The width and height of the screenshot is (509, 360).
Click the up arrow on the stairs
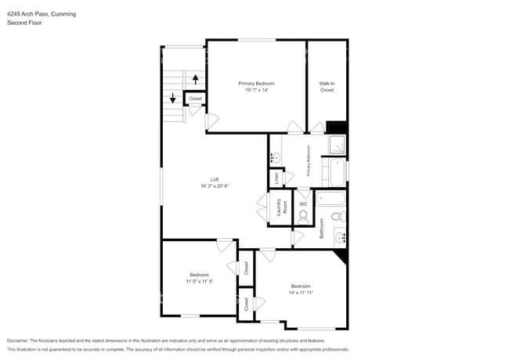(x=195, y=78)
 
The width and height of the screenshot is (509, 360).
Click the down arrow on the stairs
(x=173, y=99)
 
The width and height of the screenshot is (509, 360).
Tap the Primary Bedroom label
(x=256, y=83)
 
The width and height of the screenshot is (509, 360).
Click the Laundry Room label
(x=280, y=207)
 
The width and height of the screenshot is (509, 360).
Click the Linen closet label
(x=276, y=178)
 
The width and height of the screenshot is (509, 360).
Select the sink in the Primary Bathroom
(x=275, y=158)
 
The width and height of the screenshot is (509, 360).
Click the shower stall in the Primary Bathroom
(x=337, y=146)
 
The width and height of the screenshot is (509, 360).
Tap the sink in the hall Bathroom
(x=340, y=236)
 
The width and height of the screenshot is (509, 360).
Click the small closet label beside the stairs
(x=195, y=99)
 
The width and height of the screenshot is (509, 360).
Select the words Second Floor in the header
(x=24, y=23)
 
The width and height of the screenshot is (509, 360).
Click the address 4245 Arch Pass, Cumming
(x=42, y=14)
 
